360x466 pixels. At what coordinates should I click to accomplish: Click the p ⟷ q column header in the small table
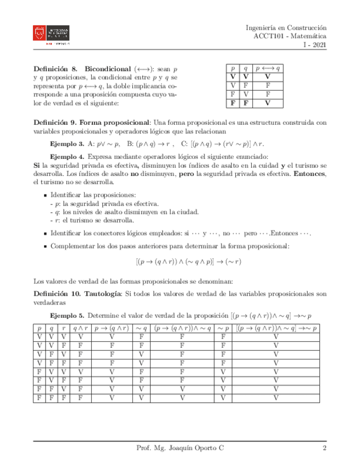[x=268, y=69]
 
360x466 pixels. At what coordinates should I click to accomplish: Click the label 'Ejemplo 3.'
[x=67, y=143]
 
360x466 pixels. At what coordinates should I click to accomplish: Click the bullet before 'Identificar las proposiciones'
[x=45, y=195]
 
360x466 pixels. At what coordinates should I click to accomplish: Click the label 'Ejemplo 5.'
[x=67, y=316]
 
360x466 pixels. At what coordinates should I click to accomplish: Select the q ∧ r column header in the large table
[x=80, y=329]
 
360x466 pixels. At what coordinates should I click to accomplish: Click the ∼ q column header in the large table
[x=141, y=329]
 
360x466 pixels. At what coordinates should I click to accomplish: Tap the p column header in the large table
[x=38, y=329]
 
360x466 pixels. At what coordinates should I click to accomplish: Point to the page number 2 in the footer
[x=325, y=449]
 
